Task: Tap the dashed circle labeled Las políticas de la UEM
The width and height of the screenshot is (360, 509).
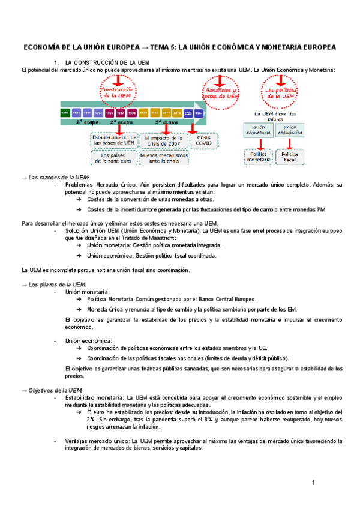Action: point(280,92)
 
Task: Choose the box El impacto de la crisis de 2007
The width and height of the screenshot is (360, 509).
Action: point(162,140)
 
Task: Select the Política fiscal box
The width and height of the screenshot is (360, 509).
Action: point(290,157)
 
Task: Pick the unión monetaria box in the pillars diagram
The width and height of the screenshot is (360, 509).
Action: point(259,130)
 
